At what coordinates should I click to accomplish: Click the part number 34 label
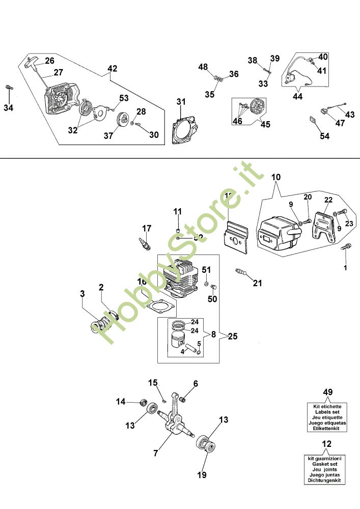click(8, 107)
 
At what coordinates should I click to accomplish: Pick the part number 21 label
click(258, 283)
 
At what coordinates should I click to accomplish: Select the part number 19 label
click(202, 475)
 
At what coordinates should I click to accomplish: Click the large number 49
click(328, 391)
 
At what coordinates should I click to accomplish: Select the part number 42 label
click(112, 68)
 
